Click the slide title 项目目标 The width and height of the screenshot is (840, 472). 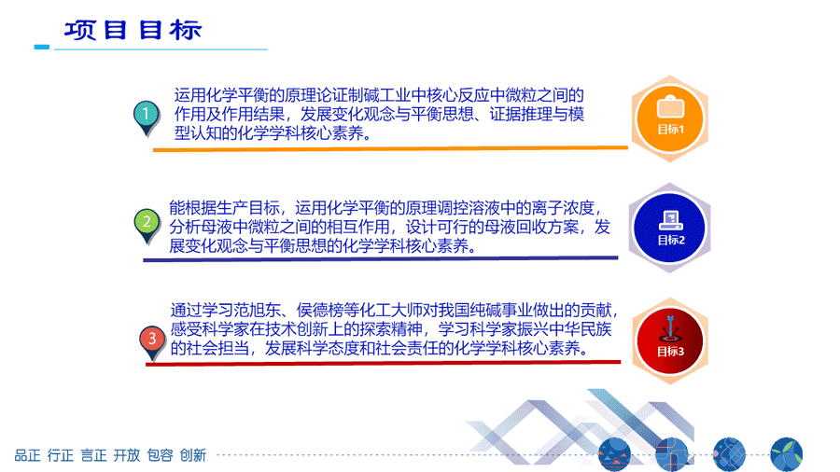coord(133,30)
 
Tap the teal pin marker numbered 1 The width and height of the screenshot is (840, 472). coord(147,118)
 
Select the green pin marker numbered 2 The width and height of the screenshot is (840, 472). coord(147,226)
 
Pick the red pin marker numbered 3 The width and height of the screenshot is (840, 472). coord(152,343)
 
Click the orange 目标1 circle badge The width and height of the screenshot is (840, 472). coord(669,118)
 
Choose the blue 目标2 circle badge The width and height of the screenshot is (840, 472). coord(669,228)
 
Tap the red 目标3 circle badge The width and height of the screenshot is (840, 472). coord(669,340)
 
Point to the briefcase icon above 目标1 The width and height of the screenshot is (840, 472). coord(670,106)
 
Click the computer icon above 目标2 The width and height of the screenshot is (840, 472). coord(671,220)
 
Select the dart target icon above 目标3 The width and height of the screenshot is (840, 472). coord(669,329)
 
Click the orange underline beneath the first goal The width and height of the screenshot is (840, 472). coord(390,148)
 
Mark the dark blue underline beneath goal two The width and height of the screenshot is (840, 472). coord(381,259)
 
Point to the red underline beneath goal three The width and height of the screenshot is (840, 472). coord(383,364)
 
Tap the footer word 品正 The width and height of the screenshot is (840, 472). coord(27,455)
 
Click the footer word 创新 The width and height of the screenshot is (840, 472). coord(193,455)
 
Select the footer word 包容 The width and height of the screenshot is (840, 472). coord(160,455)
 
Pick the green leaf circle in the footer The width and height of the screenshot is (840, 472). coord(787,455)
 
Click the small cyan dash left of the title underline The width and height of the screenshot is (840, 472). coord(42,47)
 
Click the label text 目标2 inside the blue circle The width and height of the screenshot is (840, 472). coord(671,241)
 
